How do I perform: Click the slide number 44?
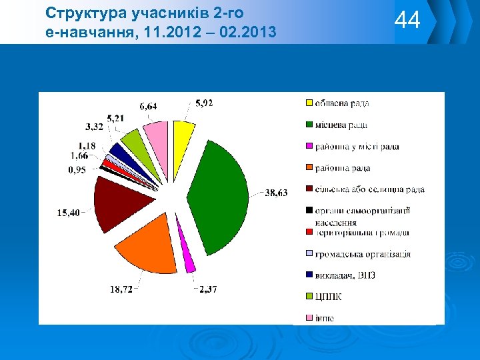tap(407, 21)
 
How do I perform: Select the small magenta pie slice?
tap(190, 264)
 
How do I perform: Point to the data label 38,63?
tap(277, 193)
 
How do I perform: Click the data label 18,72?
tap(121, 289)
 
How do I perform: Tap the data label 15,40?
tap(68, 213)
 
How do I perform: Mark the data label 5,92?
tap(204, 103)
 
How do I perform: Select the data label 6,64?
tap(148, 106)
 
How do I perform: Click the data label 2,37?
tap(208, 289)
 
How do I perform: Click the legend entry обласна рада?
tap(342, 103)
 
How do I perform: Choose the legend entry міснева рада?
tap(341, 125)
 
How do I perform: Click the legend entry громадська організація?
tap(363, 254)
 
